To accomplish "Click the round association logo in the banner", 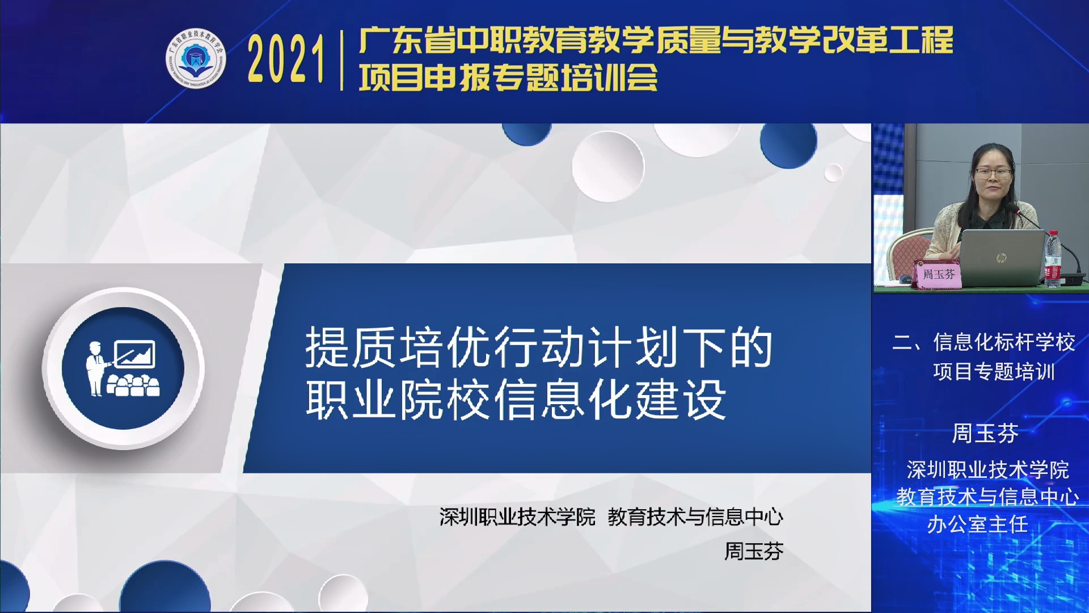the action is point(196,59).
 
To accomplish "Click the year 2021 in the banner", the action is point(286,59).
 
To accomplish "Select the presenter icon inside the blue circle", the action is point(123,368).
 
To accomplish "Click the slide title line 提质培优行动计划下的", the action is point(539,347).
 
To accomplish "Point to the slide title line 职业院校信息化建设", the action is point(516,400).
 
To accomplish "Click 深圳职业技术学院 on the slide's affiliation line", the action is point(517,517).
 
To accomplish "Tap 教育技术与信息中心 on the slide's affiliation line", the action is point(695,517).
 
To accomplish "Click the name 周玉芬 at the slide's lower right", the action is point(754,551).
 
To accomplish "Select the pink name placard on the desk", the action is point(938,274).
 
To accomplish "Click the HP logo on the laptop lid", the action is point(1001,258).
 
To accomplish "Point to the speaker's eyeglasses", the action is point(993,172).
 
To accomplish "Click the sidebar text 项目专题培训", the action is point(994,372).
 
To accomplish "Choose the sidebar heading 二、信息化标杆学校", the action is point(984,342).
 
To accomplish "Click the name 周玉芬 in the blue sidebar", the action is point(985,434).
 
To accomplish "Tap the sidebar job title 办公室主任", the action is point(977,524).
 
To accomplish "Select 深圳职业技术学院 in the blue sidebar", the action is point(987,470).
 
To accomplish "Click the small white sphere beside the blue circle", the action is point(833,173).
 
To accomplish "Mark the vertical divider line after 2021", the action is point(341,60).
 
